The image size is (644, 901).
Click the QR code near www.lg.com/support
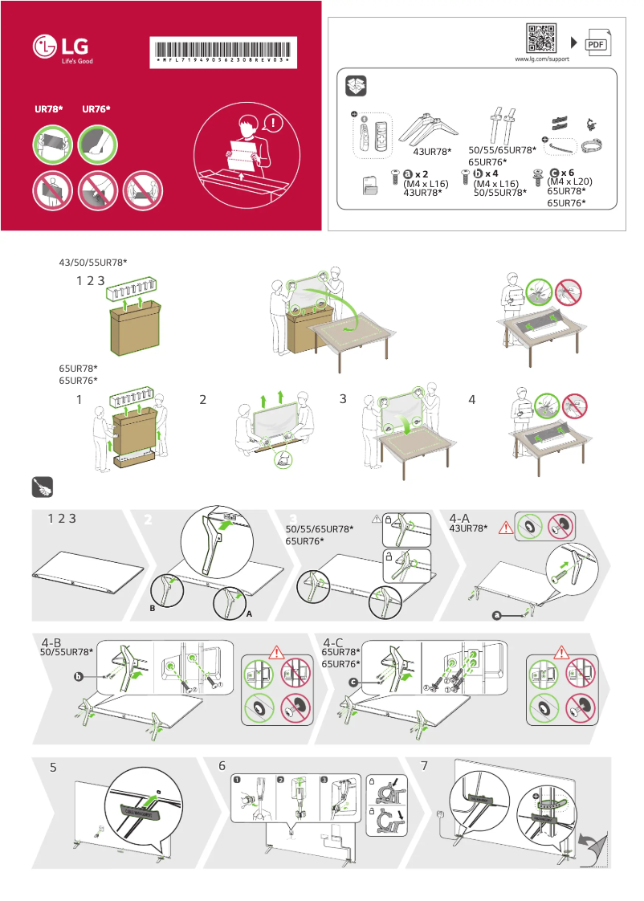pos(541,39)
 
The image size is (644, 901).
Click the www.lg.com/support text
pos(541,59)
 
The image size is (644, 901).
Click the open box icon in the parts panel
pos(355,86)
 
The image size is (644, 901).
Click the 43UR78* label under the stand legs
pos(432,152)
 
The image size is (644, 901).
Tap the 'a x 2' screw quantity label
pos(416,173)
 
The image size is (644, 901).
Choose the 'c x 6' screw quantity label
pos(561,173)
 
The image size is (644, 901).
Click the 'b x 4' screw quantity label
pos(487,173)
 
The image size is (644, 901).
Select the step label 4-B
pos(52,642)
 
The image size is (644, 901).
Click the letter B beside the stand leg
pos(151,609)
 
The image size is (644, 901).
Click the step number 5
pos(53,767)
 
